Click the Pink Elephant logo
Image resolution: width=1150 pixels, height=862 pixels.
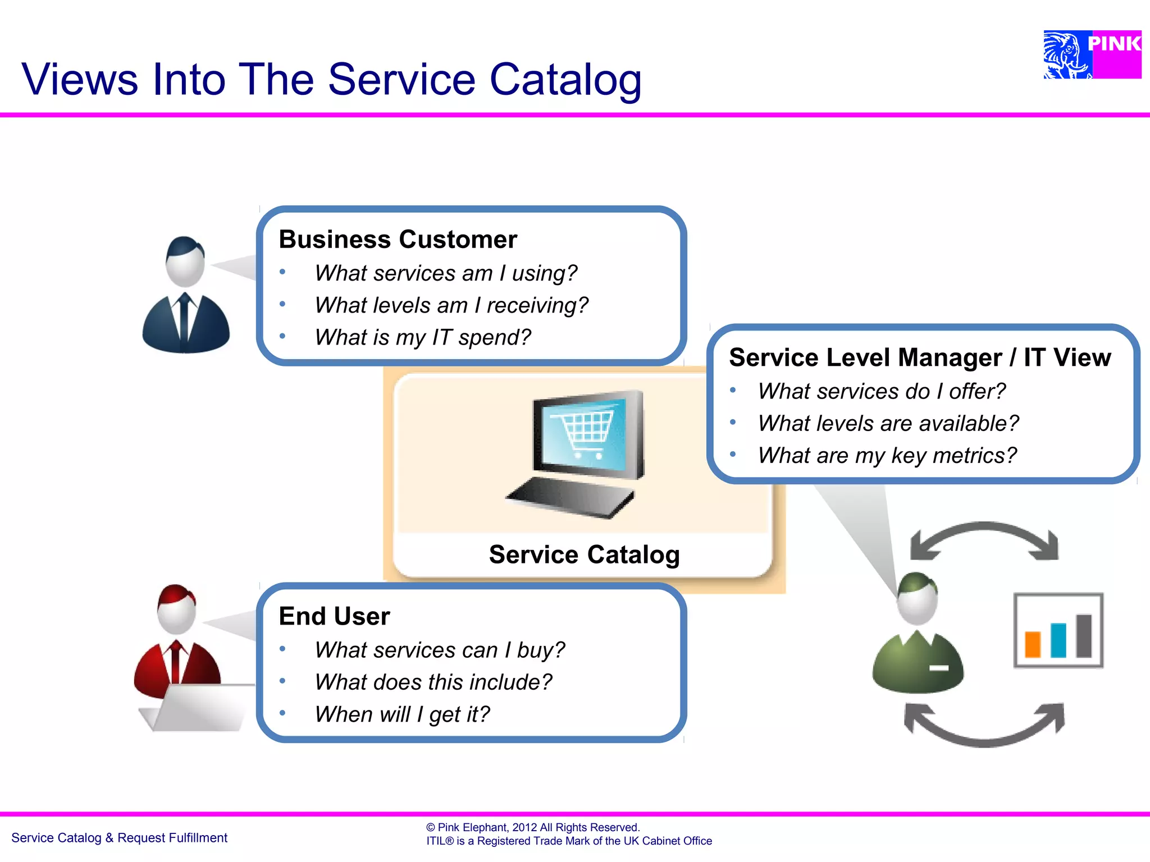coord(1092,54)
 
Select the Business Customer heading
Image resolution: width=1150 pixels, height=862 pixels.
coord(398,240)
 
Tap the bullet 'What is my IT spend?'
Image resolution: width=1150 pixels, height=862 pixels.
coord(422,337)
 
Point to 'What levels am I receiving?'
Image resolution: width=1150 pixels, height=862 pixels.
coord(451,305)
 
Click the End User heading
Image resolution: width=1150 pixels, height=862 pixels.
coord(334,616)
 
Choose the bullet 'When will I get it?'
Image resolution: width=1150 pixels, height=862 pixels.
coord(402,714)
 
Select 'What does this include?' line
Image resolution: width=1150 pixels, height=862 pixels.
coord(433,682)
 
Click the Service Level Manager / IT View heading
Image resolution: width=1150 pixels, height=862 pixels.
coord(920,357)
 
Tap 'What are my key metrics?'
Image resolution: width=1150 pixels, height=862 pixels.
coord(887,455)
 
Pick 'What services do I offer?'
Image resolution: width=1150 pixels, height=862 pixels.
coord(882,391)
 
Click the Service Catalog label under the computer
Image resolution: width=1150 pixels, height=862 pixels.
coord(584,554)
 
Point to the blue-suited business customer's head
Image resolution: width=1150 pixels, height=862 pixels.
coord(185,262)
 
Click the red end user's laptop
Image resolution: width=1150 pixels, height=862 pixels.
coord(197,708)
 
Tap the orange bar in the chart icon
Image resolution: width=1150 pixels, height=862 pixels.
coord(1032,644)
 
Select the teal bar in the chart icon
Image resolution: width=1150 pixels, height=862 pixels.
coord(1058,640)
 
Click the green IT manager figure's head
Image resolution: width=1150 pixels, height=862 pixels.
coord(917,598)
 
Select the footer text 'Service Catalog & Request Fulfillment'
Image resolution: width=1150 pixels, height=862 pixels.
coord(119,838)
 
